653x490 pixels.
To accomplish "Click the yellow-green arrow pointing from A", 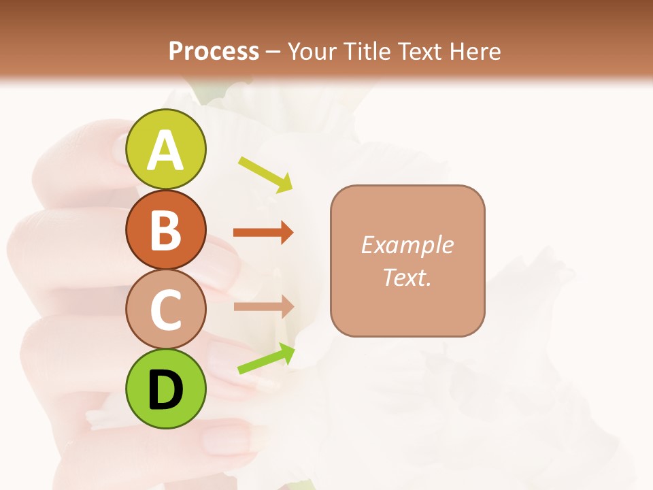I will point(265,174).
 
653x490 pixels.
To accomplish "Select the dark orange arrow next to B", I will point(263,233).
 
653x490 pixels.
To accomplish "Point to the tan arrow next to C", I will point(263,306).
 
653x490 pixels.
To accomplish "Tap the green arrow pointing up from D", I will point(266,359).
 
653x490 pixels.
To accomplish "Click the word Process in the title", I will point(214,51).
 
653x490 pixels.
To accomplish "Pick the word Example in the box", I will point(407,245).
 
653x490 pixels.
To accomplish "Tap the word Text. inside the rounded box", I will point(407,277).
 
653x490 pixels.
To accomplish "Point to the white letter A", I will point(165,151).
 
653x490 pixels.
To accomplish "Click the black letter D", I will point(165,390).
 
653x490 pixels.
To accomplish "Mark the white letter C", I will point(165,310).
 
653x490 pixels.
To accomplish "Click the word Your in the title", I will point(312,51).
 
